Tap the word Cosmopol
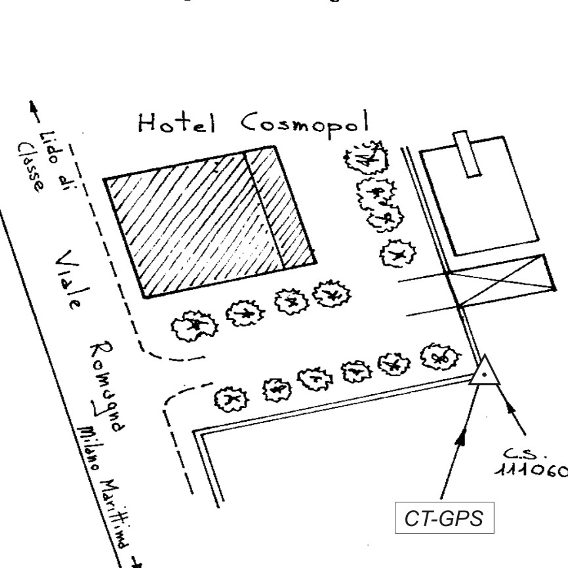302,123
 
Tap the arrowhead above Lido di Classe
30,107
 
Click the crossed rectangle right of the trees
502,280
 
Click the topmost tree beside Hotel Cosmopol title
367,157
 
